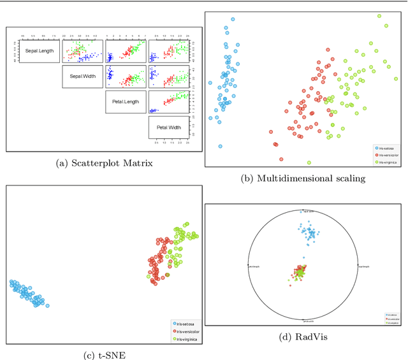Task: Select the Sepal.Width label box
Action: click(83, 77)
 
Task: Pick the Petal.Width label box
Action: click(169, 127)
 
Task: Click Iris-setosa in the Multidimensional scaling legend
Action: click(389, 147)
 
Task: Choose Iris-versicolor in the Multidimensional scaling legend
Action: click(390, 155)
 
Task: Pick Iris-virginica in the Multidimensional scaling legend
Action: click(390, 162)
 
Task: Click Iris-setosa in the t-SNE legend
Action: click(186, 324)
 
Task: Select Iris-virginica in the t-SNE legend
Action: click(187, 340)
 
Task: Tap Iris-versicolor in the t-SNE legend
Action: click(187, 332)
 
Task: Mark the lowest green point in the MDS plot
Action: click(309, 162)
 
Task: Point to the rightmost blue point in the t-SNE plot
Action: click(47, 306)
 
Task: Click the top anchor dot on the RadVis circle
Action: click(303, 211)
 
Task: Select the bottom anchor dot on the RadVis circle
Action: click(303, 320)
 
